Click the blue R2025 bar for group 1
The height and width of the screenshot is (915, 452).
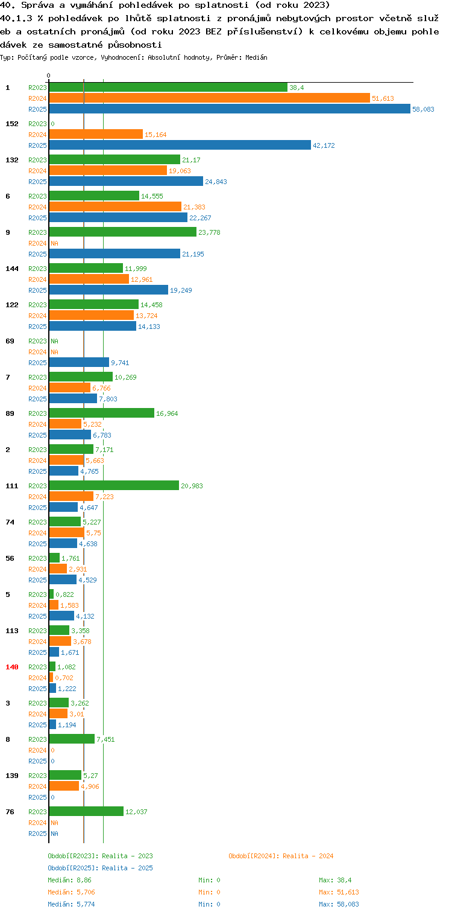tap(230, 109)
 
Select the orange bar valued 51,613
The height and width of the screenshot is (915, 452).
tap(210, 98)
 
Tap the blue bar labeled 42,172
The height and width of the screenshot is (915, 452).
tap(180, 145)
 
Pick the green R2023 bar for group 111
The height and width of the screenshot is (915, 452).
tap(115, 485)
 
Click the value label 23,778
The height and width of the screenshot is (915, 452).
tap(209, 232)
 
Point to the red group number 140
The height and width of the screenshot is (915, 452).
tap(12, 667)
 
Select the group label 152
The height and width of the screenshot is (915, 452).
tap(12, 124)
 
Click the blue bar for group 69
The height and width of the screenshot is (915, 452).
tap(79, 362)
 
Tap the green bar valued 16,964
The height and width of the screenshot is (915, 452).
tap(102, 413)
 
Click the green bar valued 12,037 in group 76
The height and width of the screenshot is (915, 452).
tap(86, 811)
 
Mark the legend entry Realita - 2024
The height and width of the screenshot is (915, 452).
tap(281, 856)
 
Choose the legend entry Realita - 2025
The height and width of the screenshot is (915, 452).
tap(101, 868)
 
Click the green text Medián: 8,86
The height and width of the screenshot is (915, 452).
tap(69, 880)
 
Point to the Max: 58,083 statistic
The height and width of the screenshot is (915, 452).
tap(339, 904)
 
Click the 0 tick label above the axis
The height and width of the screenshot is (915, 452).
tap(49, 75)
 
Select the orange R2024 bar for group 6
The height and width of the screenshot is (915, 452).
tap(116, 206)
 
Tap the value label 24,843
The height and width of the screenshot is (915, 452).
tap(216, 182)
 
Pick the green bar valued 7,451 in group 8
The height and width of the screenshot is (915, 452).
tap(72, 739)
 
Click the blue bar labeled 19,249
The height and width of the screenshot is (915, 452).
tap(108, 290)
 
